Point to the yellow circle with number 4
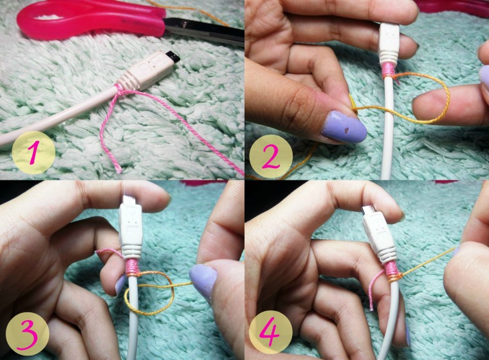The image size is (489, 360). tap(271, 332)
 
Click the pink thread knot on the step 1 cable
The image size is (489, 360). tap(118, 91)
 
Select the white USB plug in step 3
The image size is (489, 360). tap(131, 229)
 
